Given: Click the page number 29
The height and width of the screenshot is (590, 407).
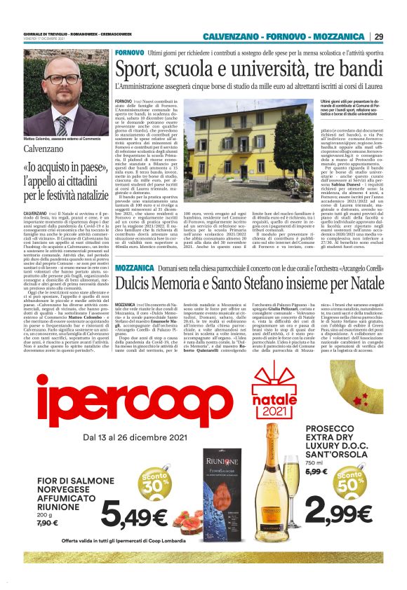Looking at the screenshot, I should click(x=379, y=36).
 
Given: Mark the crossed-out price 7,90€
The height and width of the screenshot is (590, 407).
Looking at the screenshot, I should click(x=48, y=523).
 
